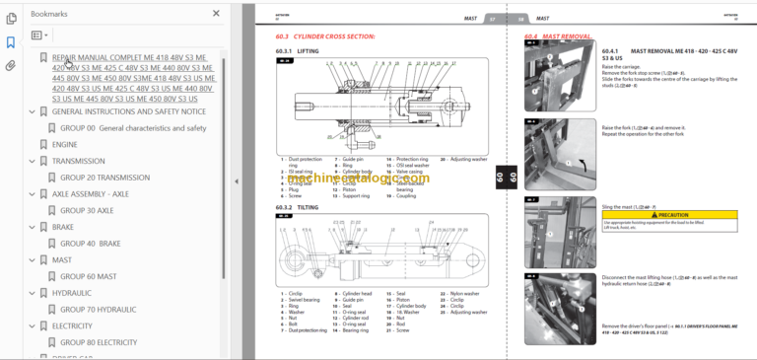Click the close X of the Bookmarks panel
216,14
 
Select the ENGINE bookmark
65,144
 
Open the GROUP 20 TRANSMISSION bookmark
104,178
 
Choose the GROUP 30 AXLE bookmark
87,210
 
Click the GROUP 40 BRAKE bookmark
91,244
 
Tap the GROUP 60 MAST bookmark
88,277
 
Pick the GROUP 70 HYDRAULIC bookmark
98,310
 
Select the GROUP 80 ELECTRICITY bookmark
99,342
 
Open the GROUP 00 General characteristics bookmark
133,128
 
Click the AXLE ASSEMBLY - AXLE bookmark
90,194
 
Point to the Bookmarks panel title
49,14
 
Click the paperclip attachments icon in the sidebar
10,66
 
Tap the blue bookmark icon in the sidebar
10,42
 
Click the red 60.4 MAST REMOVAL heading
558,36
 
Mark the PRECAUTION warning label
673,213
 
